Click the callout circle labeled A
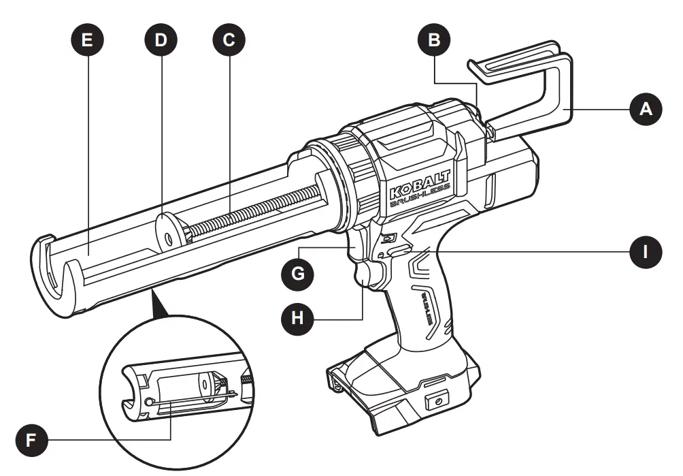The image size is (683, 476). (645, 110)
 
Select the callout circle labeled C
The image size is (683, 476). (229, 39)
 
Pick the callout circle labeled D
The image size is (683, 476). (161, 39)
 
